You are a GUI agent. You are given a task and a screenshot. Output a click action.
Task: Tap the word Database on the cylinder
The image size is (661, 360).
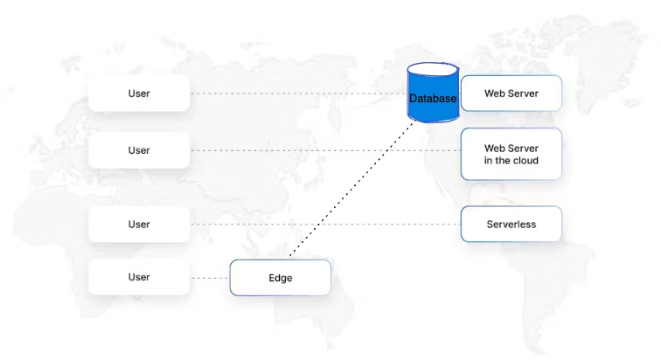[x=433, y=99]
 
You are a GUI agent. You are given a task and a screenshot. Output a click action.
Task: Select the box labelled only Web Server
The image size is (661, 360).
[x=511, y=93]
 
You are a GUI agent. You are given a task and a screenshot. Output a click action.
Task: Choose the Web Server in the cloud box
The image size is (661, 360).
[x=511, y=155]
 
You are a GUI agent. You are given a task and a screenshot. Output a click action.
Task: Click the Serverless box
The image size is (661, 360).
[x=511, y=225]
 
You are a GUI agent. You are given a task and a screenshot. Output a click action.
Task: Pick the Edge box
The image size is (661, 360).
[x=280, y=278]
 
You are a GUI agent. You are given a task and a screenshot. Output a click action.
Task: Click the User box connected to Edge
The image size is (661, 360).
[x=139, y=277]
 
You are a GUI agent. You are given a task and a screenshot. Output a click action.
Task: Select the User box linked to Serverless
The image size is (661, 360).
[x=139, y=225]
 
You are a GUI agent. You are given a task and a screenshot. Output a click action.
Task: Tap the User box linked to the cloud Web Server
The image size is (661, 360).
[x=139, y=150]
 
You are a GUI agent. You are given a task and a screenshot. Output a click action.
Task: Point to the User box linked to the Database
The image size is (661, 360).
[x=139, y=93]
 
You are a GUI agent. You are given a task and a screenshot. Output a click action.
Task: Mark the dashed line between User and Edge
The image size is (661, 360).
[x=210, y=278]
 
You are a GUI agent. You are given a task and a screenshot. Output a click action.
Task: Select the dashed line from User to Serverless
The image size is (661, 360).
[x=324, y=225]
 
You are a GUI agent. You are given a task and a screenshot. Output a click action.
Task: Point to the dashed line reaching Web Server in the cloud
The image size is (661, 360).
[x=324, y=150]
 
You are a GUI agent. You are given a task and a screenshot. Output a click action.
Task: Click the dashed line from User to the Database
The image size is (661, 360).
[x=297, y=93]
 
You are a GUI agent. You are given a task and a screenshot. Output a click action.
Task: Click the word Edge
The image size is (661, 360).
[x=280, y=278]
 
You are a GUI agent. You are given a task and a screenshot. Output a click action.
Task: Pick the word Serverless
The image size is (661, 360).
[x=511, y=225]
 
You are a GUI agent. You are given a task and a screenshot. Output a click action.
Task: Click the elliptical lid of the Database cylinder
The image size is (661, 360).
[x=433, y=70]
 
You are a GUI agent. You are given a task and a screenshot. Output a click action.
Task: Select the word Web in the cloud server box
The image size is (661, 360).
[x=495, y=149]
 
